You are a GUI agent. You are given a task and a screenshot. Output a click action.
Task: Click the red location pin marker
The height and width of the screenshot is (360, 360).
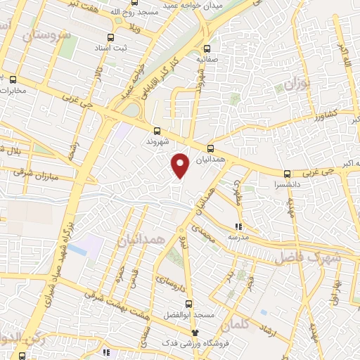[181, 165]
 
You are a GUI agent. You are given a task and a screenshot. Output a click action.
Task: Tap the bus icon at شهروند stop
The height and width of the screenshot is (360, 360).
[156, 130]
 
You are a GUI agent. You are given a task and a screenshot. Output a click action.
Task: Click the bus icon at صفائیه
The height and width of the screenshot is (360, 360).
[207, 49]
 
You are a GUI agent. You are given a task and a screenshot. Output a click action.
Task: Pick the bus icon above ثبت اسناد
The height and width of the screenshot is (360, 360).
[110, 37]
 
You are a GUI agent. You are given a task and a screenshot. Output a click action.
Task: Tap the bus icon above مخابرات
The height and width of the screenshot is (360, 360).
[13, 79]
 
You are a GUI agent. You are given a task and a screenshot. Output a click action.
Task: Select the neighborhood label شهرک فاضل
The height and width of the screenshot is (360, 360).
[309, 257]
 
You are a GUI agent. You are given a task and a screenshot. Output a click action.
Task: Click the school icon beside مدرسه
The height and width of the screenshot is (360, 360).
[238, 226]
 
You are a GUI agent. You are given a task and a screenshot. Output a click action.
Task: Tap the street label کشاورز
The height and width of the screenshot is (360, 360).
[326, 112]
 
